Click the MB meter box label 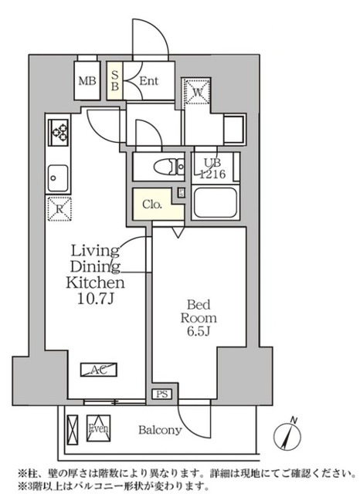[87, 81]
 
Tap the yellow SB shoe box [115, 80]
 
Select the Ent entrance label [148, 81]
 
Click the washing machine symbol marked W [198, 92]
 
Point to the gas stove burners [58, 132]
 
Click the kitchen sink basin [58, 178]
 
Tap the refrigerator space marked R [59, 209]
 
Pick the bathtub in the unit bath [215, 202]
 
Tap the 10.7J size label [95, 299]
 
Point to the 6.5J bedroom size [199, 332]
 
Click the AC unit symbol [99, 370]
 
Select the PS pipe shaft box [162, 394]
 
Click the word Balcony [160, 430]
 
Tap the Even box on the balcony [99, 428]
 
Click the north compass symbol [287, 435]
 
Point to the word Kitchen [95, 283]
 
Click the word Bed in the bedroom [199, 305]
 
